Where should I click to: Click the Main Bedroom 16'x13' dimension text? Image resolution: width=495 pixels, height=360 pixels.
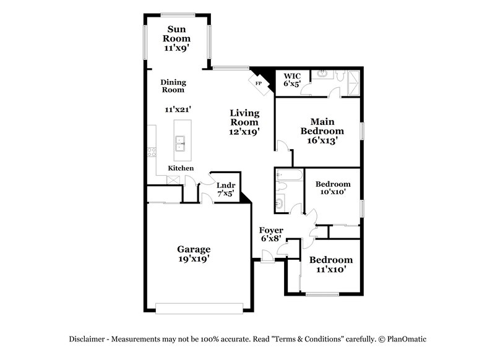322,140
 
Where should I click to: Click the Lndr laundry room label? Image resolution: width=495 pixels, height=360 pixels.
224,184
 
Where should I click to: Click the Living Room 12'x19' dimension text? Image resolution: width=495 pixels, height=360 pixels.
244,131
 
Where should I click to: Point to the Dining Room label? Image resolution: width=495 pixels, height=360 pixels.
173,86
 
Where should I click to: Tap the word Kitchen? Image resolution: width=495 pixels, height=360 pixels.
181,168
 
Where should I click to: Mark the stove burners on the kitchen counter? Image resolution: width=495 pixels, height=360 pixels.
152,152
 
